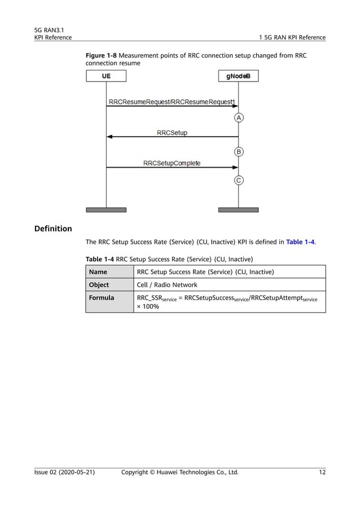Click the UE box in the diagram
click(x=106, y=76)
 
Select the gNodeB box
click(x=238, y=76)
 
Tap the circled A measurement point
click(x=239, y=118)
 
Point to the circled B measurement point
click(x=239, y=152)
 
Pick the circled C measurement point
click(x=239, y=181)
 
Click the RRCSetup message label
click(x=172, y=133)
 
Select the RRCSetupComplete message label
click(x=172, y=163)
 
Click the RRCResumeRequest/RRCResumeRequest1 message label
click(x=172, y=102)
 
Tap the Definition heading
click(x=53, y=229)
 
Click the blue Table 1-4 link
click(x=301, y=242)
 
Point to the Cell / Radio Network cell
click(x=167, y=285)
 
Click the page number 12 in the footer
click(x=322, y=472)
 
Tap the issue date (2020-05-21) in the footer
click(x=73, y=472)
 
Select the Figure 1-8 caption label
click(x=100, y=56)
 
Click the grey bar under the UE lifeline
click(x=106, y=210)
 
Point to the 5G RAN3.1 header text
click(x=49, y=29)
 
